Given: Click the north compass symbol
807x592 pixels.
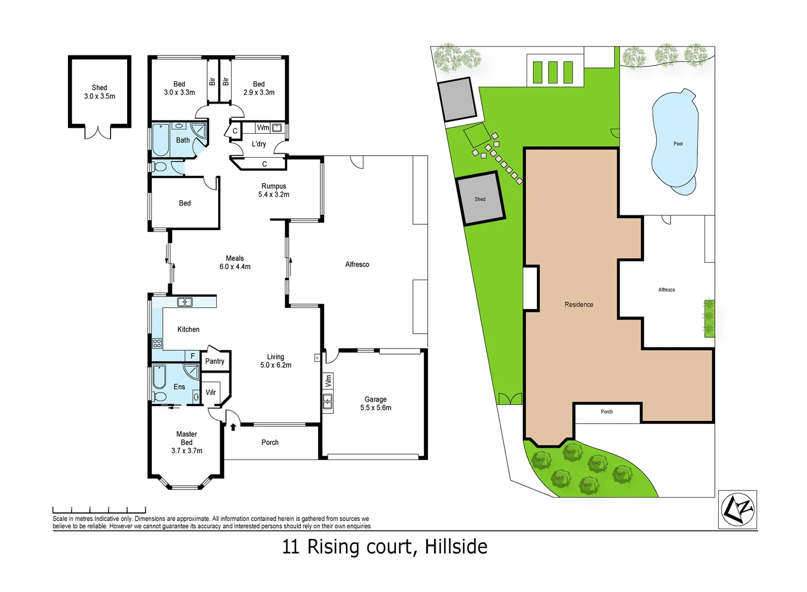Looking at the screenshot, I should [737, 509].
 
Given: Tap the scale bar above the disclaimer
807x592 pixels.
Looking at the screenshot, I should [99, 510].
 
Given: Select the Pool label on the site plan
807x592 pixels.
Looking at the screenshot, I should [678, 144].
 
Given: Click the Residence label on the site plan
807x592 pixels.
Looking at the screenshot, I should [579, 305].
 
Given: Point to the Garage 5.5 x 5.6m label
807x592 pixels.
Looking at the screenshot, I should [376, 403].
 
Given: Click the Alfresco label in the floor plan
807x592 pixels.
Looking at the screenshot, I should [357, 265].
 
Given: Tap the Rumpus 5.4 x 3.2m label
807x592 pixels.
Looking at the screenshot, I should [273, 190].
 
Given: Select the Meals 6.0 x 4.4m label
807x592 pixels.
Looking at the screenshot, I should [234, 263].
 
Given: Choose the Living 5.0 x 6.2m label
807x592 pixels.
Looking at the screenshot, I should [276, 361].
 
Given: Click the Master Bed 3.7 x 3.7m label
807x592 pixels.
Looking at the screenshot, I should [187, 442].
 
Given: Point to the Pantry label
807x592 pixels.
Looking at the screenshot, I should [215, 361].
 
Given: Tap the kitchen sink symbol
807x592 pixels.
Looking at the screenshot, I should [185, 302].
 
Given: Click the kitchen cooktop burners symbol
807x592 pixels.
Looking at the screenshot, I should [157, 344].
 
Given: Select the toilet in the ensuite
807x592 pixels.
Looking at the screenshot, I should [159, 396].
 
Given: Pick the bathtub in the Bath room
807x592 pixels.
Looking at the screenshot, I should [161, 140].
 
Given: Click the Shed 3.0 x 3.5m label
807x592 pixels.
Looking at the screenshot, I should [100, 92].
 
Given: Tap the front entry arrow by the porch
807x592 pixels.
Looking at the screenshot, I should [233, 426].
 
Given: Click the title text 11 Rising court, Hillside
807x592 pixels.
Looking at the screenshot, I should [385, 547].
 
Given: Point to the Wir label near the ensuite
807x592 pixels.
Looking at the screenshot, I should [211, 392].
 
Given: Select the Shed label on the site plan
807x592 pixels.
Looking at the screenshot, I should [480, 199].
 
